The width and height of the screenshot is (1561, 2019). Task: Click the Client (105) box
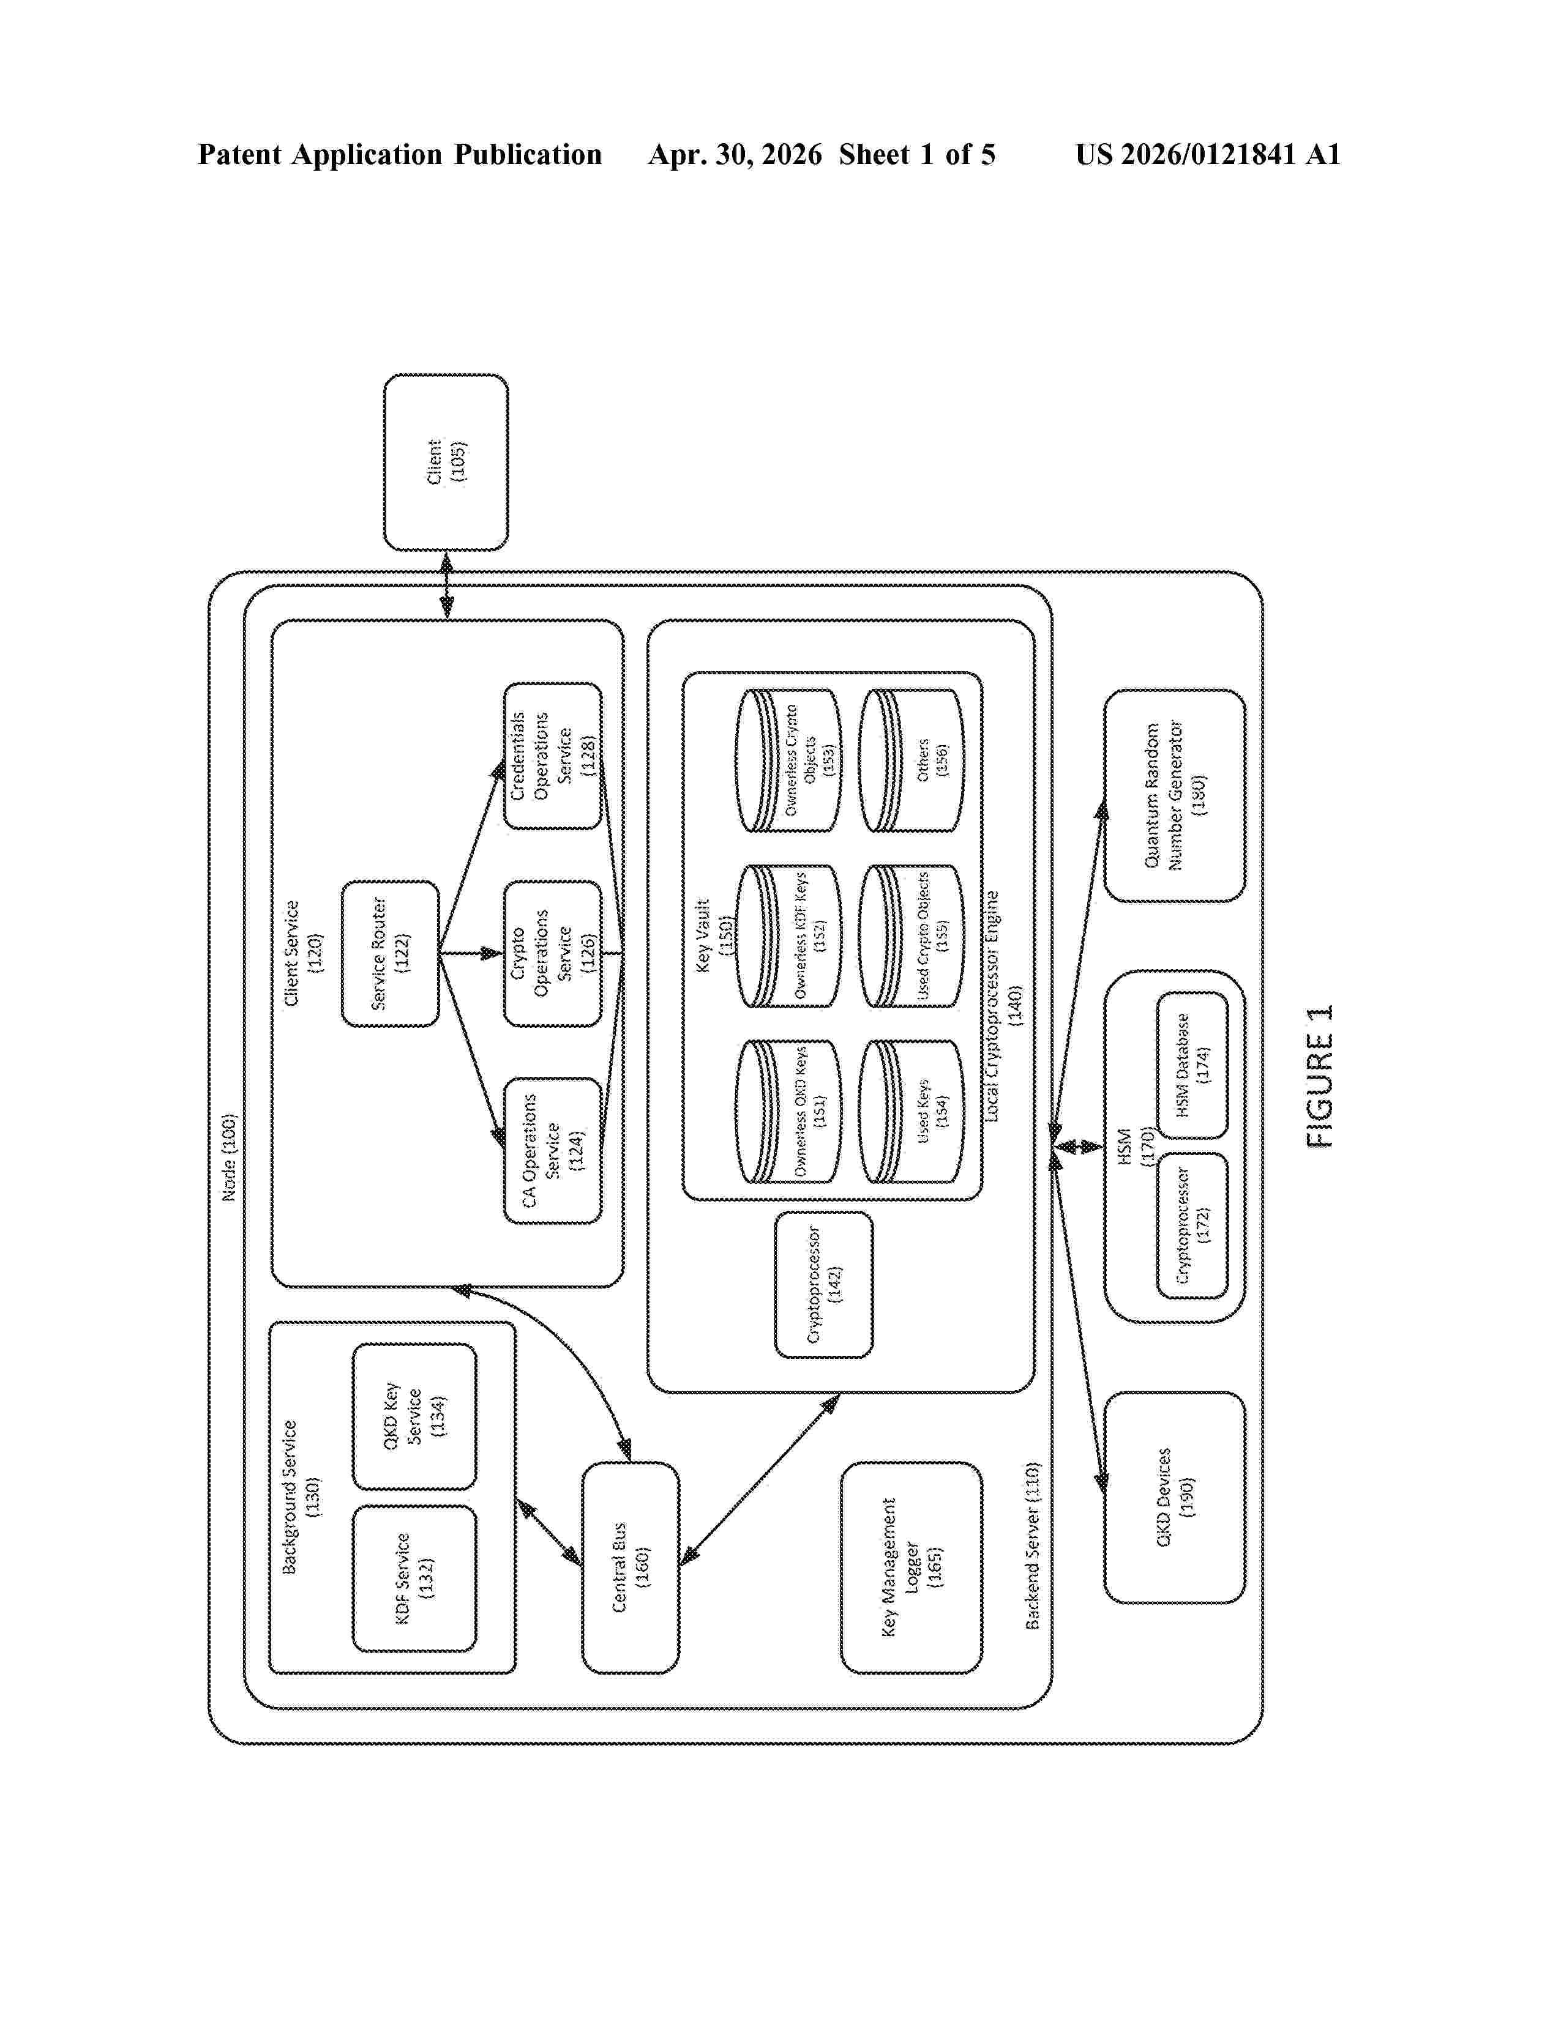[446, 462]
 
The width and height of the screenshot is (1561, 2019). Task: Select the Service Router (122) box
[391, 953]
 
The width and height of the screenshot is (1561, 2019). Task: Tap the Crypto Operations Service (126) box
[552, 953]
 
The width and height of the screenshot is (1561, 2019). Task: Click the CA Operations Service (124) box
[552, 1151]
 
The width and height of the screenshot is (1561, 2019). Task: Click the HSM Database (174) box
[1193, 1065]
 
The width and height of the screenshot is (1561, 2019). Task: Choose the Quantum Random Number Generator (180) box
[1175, 795]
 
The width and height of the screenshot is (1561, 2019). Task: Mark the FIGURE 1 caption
[1320, 1076]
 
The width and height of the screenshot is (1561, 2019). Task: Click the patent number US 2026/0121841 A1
[1208, 154]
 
